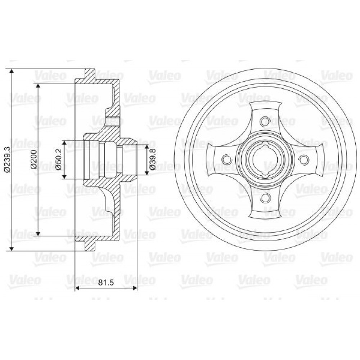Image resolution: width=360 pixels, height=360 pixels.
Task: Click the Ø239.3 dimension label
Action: (7, 159)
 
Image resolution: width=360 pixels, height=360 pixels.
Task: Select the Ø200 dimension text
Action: (33, 159)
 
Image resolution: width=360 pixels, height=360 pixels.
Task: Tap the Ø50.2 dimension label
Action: (59, 159)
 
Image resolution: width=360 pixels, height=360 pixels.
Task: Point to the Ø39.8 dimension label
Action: (152, 159)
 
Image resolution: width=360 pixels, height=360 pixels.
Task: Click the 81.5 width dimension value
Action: (106, 282)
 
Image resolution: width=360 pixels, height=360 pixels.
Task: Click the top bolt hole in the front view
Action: (265, 121)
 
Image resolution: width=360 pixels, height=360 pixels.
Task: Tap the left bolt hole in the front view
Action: (226, 159)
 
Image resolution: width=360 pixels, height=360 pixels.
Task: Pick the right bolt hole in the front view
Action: (303, 159)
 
